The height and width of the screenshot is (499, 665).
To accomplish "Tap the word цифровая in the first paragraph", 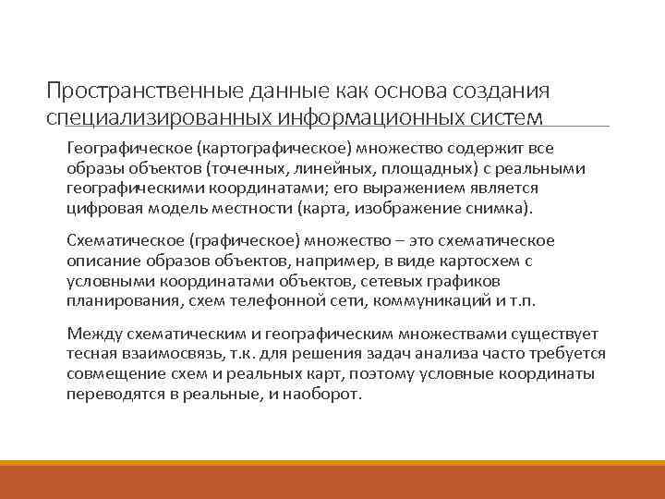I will pyautogui.click(x=98, y=209).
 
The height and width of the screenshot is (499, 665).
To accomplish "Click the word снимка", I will pyautogui.click(x=491, y=209).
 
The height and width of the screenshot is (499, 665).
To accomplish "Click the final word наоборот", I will pyautogui.click(x=328, y=394).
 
